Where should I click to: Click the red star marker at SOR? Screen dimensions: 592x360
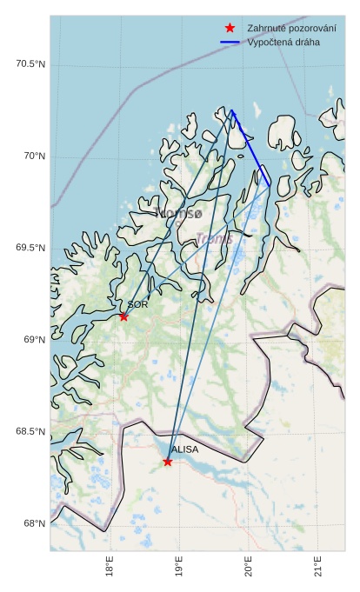pyautogui.click(x=123, y=316)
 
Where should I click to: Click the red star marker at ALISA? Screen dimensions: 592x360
pyautogui.click(x=168, y=462)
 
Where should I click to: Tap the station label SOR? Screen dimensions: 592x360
pyautogui.click(x=137, y=305)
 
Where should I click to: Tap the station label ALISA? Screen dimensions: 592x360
pyautogui.click(x=184, y=450)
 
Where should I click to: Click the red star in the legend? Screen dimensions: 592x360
pyautogui.click(x=230, y=28)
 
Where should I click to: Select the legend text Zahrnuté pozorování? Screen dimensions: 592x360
pyautogui.click(x=291, y=28)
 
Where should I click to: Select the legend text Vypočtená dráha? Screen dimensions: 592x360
pyautogui.click(x=283, y=42)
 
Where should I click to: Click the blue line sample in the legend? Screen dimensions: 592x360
pyautogui.click(x=230, y=42)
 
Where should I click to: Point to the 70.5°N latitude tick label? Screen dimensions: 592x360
pyautogui.click(x=30, y=64)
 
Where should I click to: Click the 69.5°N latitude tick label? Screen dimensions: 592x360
pyautogui.click(x=30, y=249)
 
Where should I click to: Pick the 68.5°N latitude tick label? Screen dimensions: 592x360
pyautogui.click(x=30, y=432)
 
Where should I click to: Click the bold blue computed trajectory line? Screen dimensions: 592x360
pyautogui.click(x=250, y=148)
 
